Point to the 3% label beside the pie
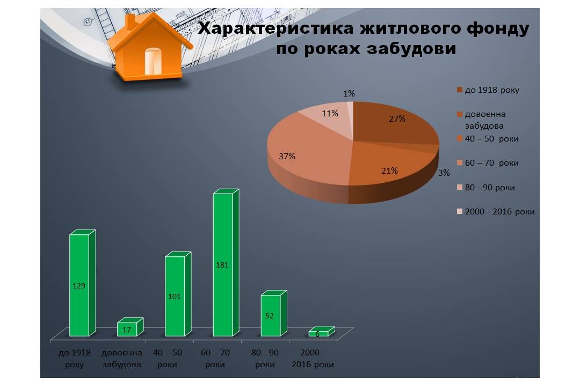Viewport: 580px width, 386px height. coord(444,173)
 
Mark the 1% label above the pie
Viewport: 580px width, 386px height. coord(349,93)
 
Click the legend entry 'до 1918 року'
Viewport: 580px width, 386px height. coord(488,90)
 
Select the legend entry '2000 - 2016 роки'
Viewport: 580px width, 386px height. coord(496,212)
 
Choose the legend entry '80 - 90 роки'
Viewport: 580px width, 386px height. coord(486,188)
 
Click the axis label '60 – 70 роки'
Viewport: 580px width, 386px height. coord(215,358)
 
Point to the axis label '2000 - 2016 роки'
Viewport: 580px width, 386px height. coord(313,358)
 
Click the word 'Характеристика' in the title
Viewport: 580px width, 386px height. coord(275,29)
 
